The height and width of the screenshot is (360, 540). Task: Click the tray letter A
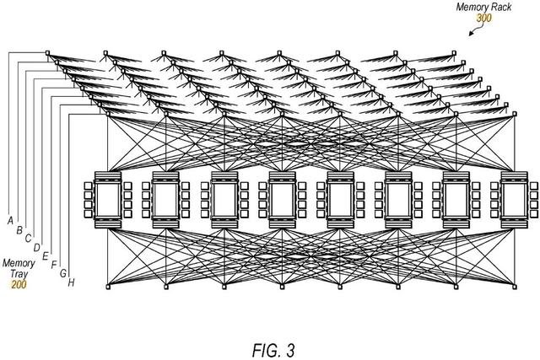point(11,220)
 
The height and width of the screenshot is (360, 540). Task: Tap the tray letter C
point(28,238)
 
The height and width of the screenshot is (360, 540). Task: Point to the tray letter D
point(36,247)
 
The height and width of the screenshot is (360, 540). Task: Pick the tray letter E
point(45,255)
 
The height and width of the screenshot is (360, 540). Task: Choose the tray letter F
point(54,265)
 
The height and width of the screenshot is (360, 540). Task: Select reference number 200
point(18,285)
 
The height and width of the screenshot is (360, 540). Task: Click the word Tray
point(18,274)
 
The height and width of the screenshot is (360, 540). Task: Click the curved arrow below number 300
point(474,28)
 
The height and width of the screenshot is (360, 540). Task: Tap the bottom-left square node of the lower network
point(108,288)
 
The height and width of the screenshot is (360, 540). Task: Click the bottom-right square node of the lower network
point(516,288)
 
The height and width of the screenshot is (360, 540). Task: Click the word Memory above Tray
point(18,263)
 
